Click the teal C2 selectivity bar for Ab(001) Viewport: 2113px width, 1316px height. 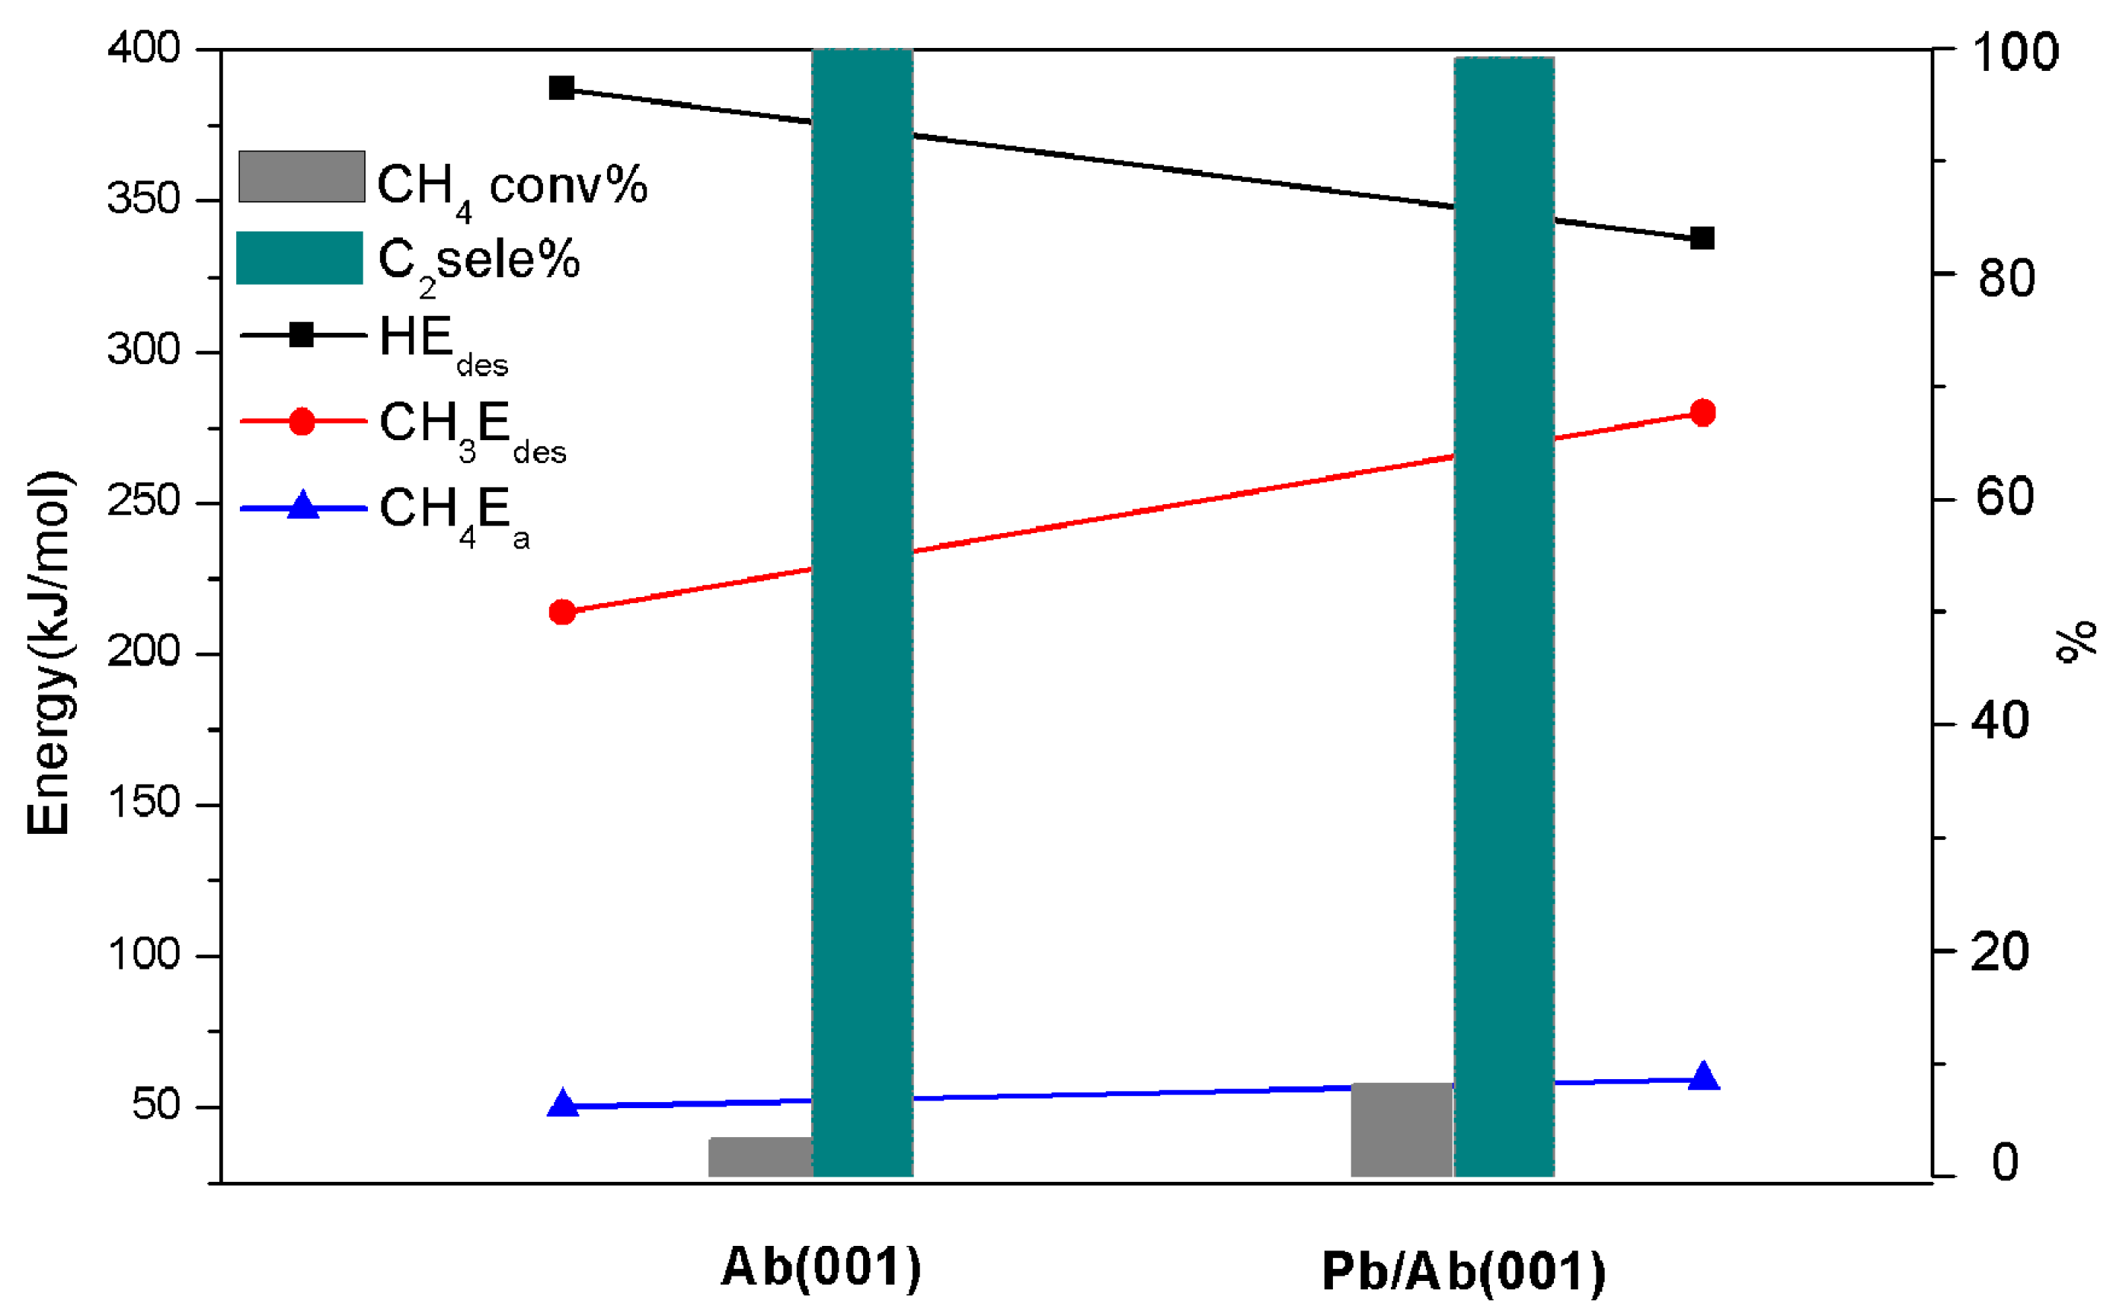tap(862, 609)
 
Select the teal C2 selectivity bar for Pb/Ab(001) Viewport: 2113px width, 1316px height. tap(1504, 609)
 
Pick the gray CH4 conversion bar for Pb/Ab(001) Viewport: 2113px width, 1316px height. tap(1401, 1129)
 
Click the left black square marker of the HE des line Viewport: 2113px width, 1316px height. tap(561, 88)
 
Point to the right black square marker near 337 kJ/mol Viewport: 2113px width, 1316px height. tap(1702, 238)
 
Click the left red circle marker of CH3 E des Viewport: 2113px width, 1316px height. tap(562, 612)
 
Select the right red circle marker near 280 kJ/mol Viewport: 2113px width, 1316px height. tap(1702, 413)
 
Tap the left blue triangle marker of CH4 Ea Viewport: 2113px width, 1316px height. tap(562, 1104)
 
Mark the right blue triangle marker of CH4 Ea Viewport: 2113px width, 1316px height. tap(1703, 1078)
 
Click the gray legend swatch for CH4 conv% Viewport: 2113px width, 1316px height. tap(301, 177)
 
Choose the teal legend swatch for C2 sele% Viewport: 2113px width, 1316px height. tap(299, 257)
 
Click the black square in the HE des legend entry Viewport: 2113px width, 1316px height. tap(301, 334)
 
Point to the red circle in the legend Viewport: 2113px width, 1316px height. tap(301, 421)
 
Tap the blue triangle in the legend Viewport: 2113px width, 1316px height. tap(302, 506)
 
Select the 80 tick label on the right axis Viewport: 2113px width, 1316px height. tap(2006, 279)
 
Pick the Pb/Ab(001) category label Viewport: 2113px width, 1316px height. tap(1463, 1272)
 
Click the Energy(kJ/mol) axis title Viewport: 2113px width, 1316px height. tap(49, 653)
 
